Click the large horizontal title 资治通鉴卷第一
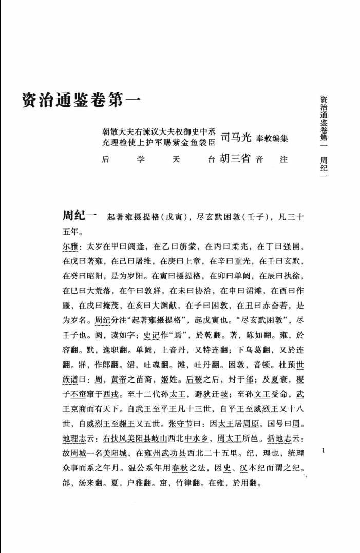tap(81, 99)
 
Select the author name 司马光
tap(236, 137)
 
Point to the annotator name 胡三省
tap(235, 159)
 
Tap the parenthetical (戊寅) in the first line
tap(175, 217)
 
